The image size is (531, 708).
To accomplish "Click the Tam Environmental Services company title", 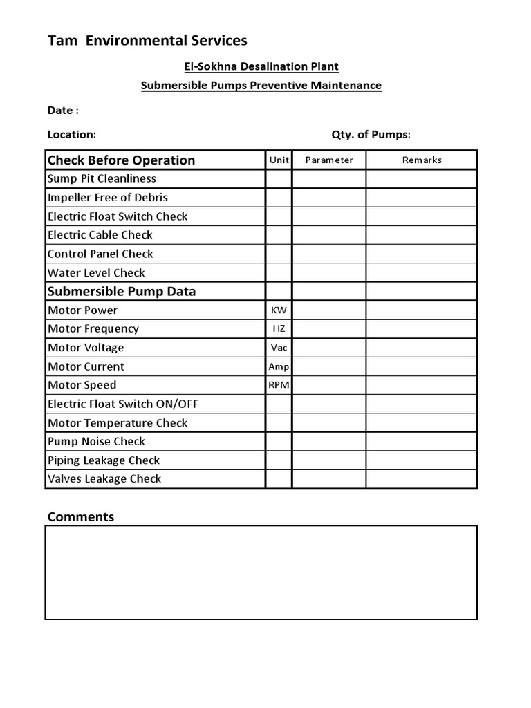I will [x=147, y=41].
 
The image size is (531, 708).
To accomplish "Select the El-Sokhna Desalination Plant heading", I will [x=261, y=66].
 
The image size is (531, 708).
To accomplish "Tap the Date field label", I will [x=62, y=110].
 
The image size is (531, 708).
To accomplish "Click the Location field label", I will [x=71, y=135].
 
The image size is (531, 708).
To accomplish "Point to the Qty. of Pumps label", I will [x=371, y=135].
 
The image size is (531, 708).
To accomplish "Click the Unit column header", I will [x=279, y=160].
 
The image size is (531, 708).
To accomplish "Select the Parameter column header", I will [x=329, y=160].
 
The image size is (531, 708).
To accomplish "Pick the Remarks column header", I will [x=421, y=160].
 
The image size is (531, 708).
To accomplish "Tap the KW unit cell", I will [x=279, y=310].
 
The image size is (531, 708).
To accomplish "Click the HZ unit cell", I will [x=279, y=329].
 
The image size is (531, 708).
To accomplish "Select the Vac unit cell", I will [x=279, y=348].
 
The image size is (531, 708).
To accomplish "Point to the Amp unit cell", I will [x=279, y=366].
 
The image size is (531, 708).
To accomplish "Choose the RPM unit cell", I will [x=279, y=385].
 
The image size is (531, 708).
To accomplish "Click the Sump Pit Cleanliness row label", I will [x=102, y=178].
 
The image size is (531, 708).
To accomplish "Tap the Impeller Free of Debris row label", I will [x=107, y=197].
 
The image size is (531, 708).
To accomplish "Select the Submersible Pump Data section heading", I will [x=121, y=291].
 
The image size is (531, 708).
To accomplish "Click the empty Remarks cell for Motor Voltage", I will [x=421, y=348].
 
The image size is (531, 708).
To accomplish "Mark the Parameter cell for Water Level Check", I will [x=329, y=272].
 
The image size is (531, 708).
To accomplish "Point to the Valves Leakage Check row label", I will [x=104, y=478].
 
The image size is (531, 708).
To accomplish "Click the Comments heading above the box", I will [x=80, y=516].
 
